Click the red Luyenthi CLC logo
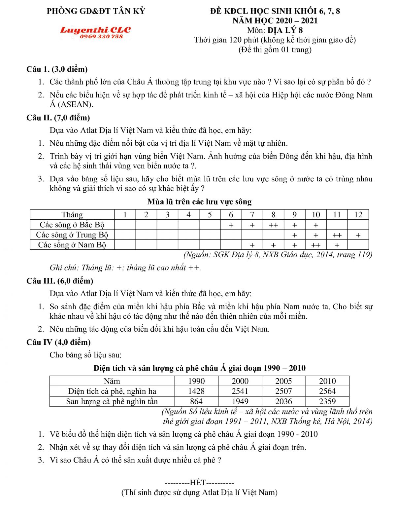[95, 30]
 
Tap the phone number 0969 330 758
[101, 37]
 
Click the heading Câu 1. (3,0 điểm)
[57, 69]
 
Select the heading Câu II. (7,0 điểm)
[58, 118]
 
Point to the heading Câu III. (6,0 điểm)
[60, 281]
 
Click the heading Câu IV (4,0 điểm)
[58, 342]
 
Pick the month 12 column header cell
[358, 215]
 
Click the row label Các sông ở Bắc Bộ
[72, 225]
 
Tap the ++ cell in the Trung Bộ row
[337, 235]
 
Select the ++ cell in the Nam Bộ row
[316, 245]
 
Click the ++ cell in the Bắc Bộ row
[273, 225]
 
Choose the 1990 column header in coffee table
[196, 381]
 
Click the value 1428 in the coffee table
[196, 391]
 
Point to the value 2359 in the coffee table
[327, 401]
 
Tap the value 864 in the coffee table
[196, 401]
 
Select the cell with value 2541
[240, 391]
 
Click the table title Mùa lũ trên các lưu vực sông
[199, 202]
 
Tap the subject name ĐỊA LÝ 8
[285, 30]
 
